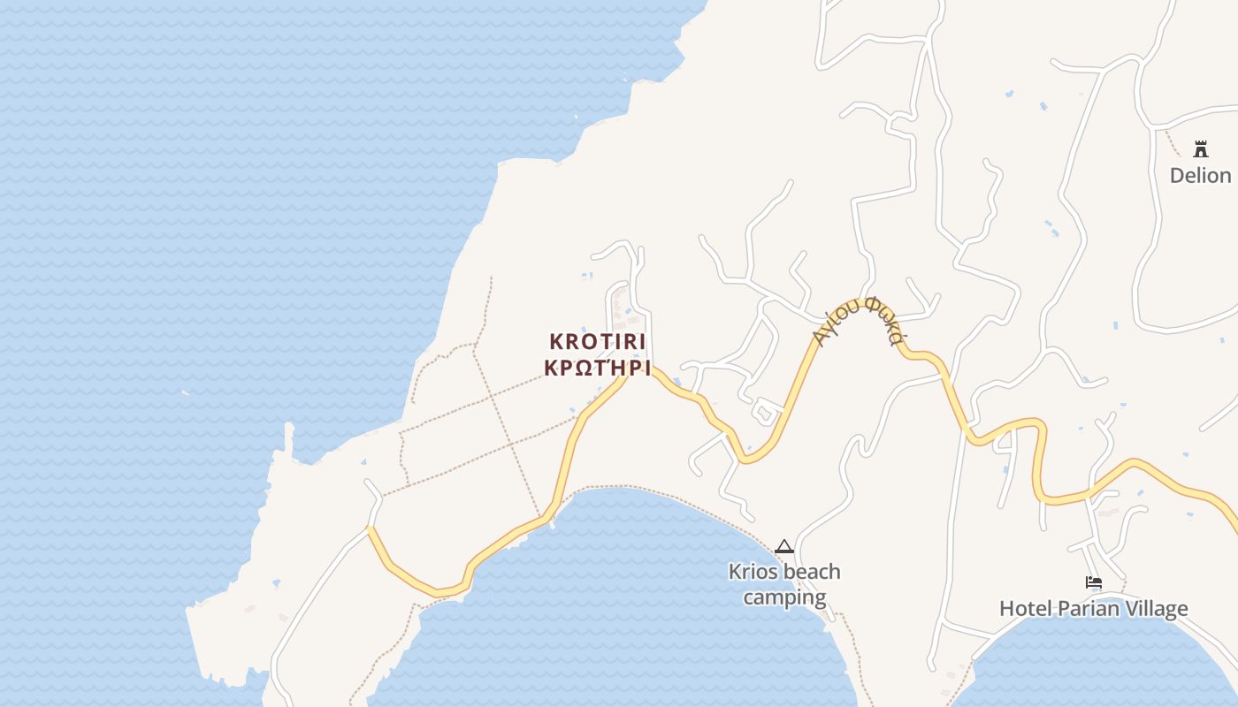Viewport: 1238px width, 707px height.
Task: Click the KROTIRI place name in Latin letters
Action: (x=598, y=341)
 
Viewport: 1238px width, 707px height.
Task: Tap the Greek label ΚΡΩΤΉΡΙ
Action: (x=598, y=368)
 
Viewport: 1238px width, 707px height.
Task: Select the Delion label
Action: (x=1200, y=175)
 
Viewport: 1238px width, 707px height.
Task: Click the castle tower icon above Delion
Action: (x=1200, y=148)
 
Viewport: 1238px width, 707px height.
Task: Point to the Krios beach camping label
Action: (x=784, y=584)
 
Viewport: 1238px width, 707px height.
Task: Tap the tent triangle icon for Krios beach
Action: (x=783, y=547)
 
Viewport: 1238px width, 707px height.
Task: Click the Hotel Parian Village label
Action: (x=1093, y=608)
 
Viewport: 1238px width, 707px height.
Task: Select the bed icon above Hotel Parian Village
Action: (x=1094, y=582)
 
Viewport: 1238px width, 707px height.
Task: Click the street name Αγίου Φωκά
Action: (x=858, y=320)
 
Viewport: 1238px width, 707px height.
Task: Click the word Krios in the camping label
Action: (x=753, y=572)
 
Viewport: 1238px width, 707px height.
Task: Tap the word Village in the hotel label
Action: (x=1156, y=608)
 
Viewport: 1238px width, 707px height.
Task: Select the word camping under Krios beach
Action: (x=784, y=597)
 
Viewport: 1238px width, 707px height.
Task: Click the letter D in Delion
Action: (x=1177, y=175)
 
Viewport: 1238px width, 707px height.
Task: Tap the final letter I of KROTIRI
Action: (x=642, y=341)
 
